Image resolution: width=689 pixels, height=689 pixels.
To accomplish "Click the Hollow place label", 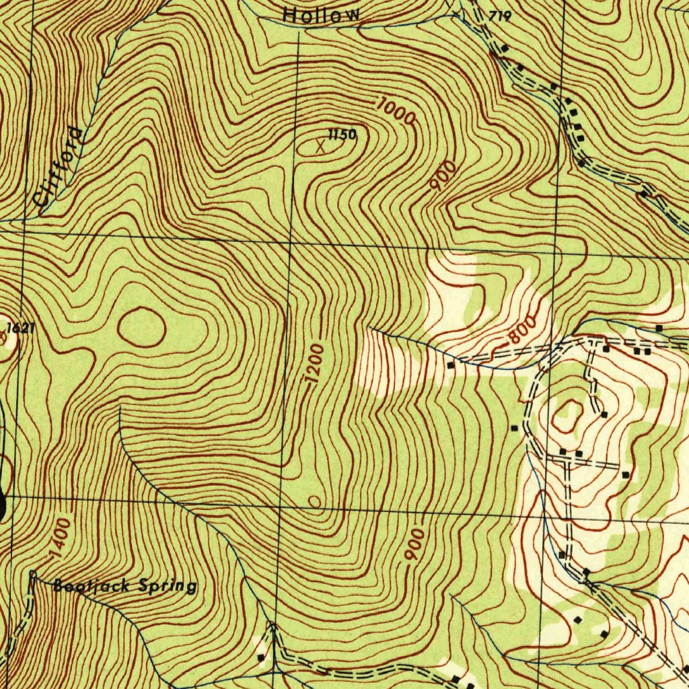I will [x=322, y=14].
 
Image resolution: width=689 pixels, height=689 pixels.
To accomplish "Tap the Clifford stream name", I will [x=60, y=166].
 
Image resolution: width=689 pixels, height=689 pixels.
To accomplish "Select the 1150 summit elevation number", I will [x=342, y=135].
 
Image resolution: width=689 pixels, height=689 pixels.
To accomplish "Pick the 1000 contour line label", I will [x=396, y=112].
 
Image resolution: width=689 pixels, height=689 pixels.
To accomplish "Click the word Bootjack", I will [x=85, y=585].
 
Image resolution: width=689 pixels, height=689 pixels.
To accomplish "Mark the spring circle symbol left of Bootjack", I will [x=34, y=574].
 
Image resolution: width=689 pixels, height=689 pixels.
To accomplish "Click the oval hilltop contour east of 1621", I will [x=141, y=327].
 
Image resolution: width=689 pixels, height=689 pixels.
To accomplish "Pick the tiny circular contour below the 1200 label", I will [x=314, y=501].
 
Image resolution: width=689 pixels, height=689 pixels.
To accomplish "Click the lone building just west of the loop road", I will [x=515, y=428].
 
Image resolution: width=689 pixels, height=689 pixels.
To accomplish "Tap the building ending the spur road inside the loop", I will [x=604, y=414].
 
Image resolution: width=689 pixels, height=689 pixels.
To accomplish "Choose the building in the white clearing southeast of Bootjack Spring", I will [x=260, y=657].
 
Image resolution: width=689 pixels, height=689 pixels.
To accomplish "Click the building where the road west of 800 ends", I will [x=450, y=365].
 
